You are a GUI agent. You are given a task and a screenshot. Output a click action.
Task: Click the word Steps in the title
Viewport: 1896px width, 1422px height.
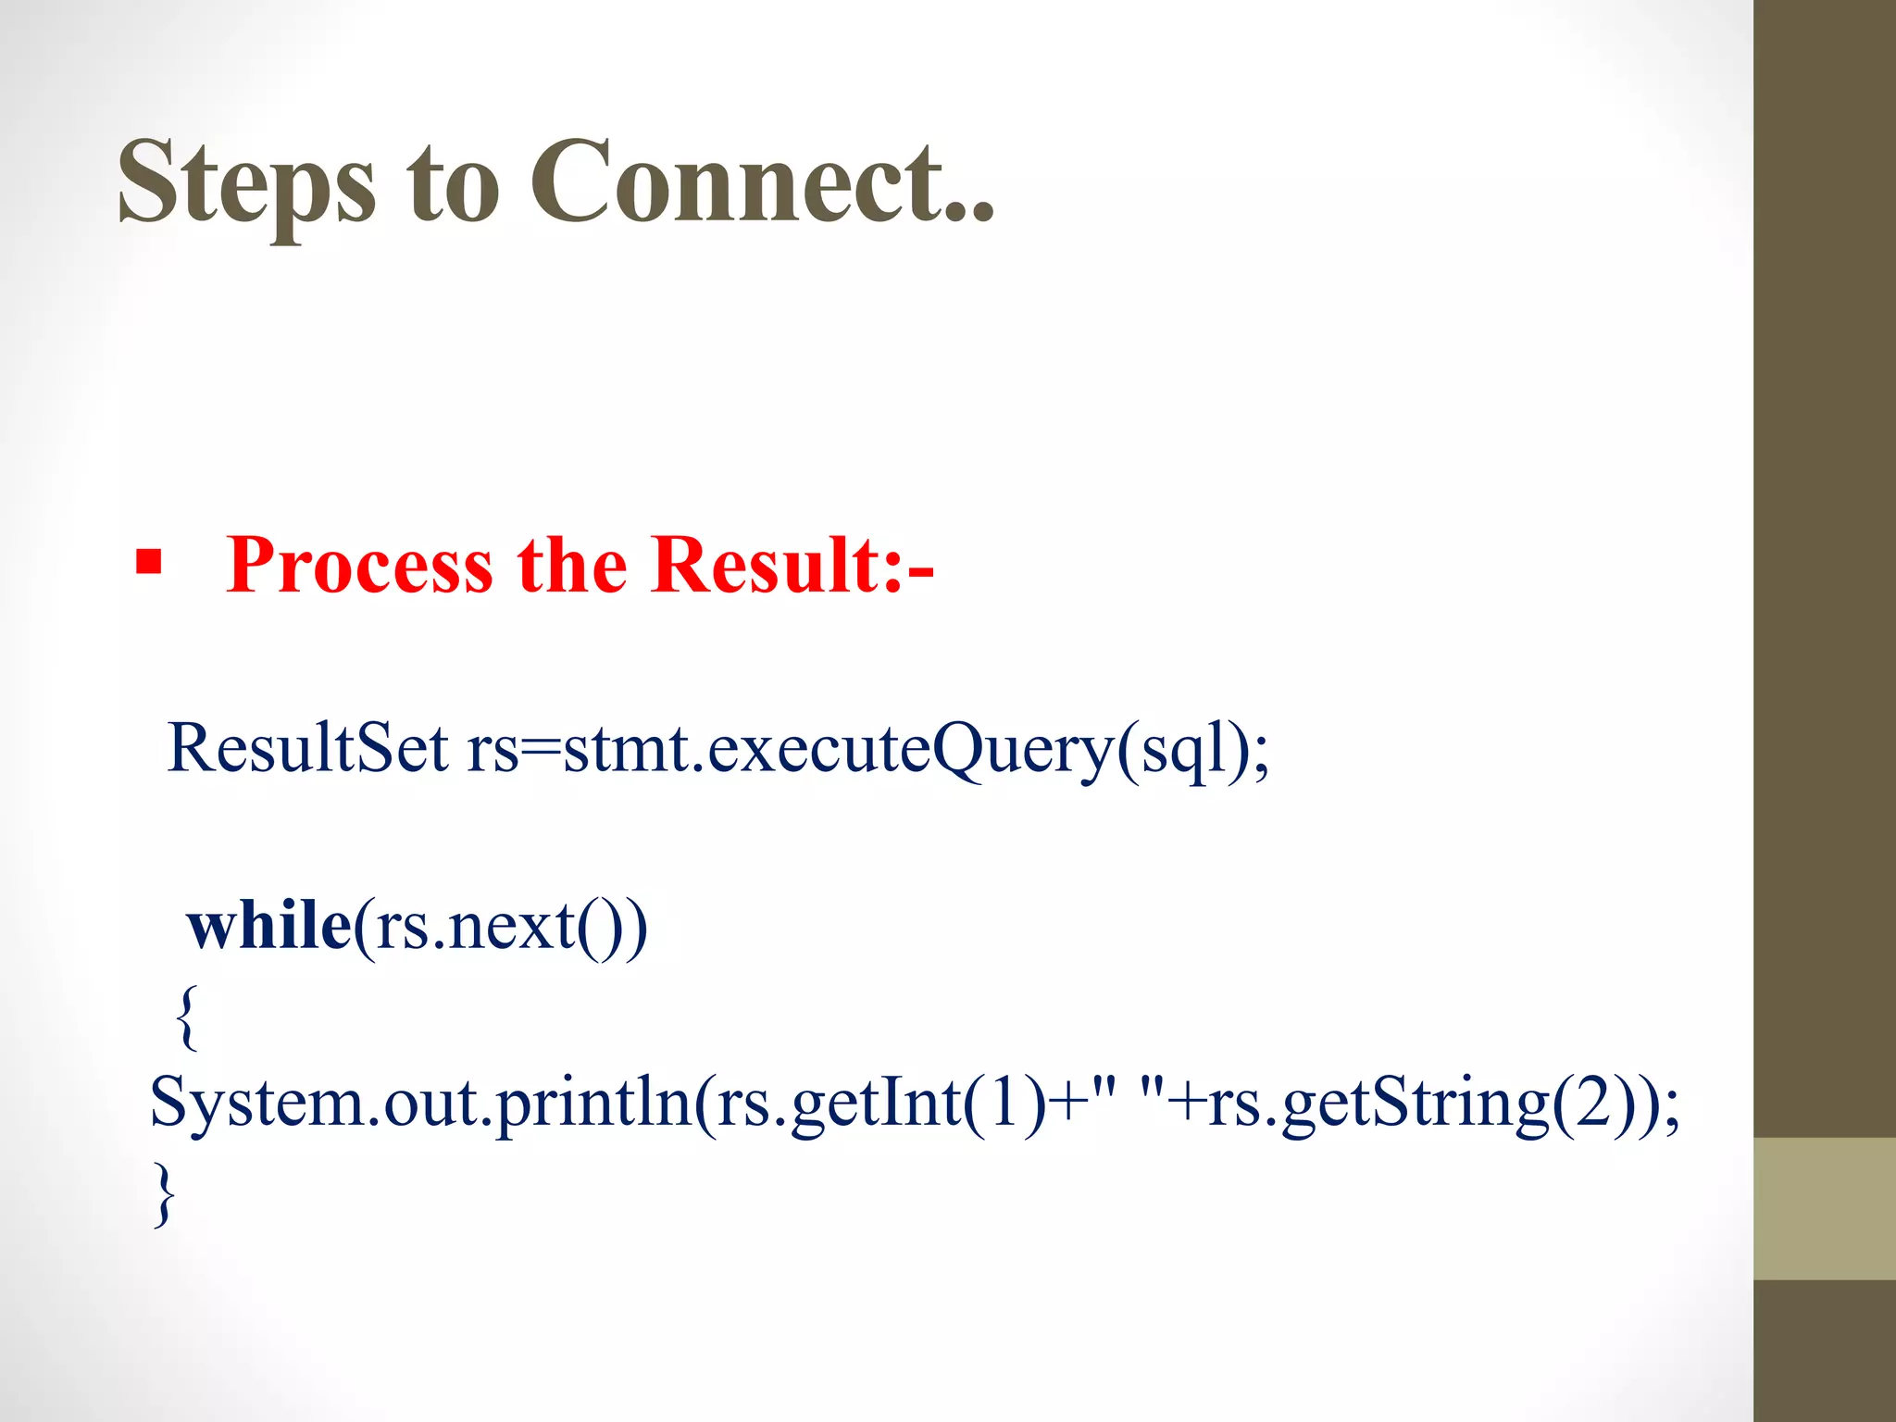246,182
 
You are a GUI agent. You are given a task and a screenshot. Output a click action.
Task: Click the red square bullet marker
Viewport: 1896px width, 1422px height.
148,562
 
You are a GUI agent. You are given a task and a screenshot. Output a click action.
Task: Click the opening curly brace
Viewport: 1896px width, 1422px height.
186,1017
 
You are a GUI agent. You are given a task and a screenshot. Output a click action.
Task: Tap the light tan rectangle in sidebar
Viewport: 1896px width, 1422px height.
1824,1208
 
